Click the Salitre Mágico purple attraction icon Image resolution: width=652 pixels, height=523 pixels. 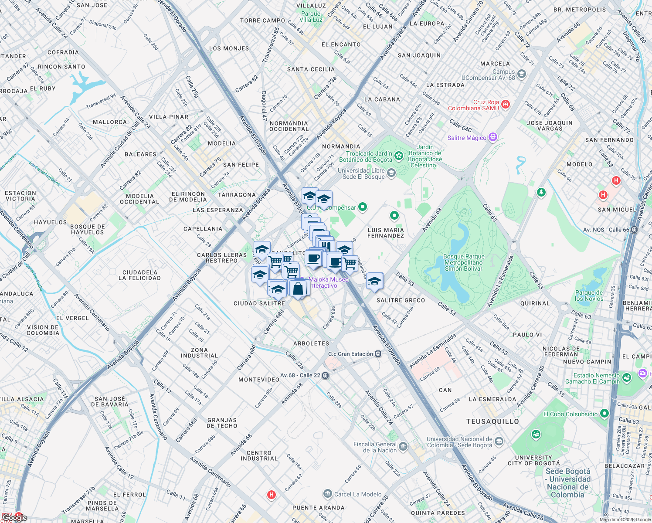493,137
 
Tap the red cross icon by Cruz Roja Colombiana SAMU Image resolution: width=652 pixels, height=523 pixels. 506,104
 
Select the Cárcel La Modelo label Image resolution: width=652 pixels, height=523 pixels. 358,494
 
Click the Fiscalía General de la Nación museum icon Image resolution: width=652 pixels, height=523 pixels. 403,446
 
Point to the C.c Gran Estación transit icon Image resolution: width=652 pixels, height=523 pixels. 378,354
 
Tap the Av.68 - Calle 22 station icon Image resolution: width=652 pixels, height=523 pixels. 326,375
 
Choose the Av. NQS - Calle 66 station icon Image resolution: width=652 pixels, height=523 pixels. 634,230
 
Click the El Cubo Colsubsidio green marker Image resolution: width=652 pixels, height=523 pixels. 604,413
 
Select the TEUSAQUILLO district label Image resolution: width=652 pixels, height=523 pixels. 492,421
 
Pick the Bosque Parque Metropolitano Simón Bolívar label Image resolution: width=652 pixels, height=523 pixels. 463,263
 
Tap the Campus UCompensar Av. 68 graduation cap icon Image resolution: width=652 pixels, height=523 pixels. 522,74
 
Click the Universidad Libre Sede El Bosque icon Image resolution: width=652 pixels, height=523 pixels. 391,173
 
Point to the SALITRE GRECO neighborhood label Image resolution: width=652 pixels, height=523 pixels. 401,300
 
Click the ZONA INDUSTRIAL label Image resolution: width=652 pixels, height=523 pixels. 199,353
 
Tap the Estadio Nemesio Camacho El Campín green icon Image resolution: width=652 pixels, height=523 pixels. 627,377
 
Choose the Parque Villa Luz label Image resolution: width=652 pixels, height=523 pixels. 311,17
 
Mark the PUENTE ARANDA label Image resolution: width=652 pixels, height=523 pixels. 318,508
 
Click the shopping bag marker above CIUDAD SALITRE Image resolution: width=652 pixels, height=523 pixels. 298,288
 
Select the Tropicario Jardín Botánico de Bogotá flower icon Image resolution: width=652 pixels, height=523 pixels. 398,156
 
